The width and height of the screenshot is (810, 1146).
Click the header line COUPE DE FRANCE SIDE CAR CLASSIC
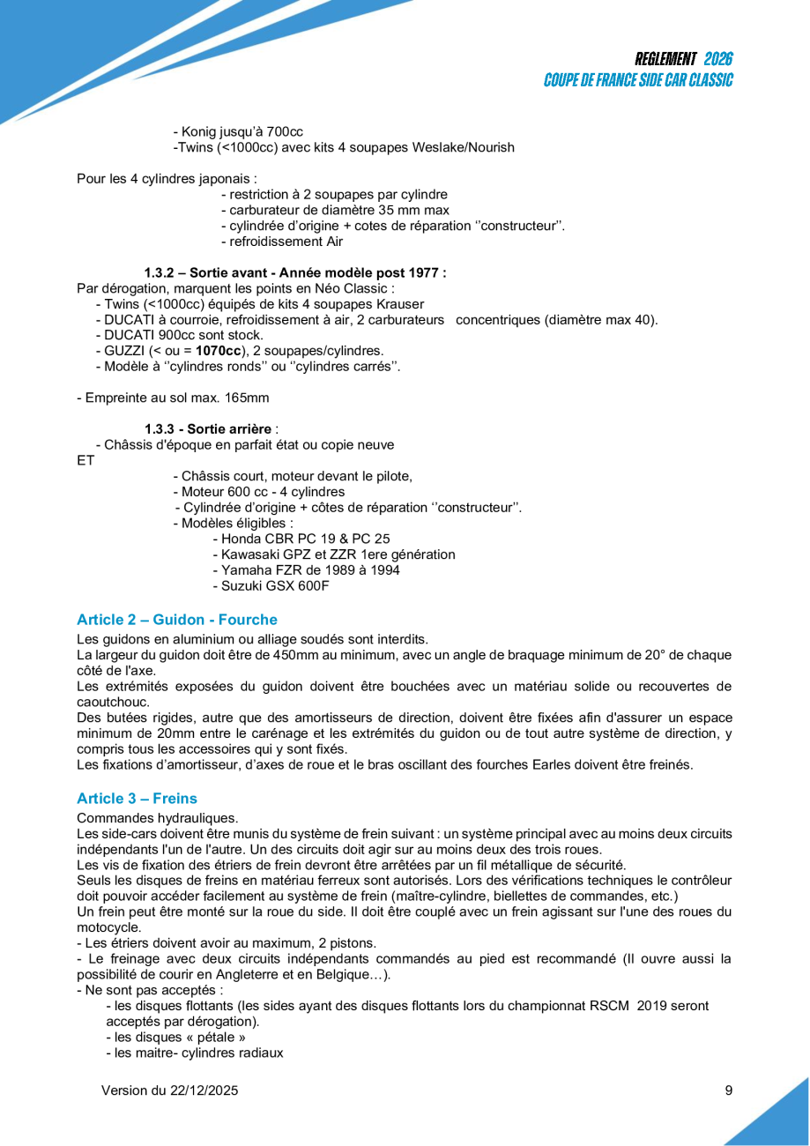pos(638,80)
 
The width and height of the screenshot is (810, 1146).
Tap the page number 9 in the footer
pos(729,1090)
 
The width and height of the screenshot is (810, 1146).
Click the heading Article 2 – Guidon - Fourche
pos(177,620)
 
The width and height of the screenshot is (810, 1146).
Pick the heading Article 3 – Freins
pos(137,799)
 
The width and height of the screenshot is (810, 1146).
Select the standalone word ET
pos(85,460)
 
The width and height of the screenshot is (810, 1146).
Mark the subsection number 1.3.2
pos(161,272)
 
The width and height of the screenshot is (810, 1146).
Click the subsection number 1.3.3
pos(161,429)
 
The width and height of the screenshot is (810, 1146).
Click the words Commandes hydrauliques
pos(157,818)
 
